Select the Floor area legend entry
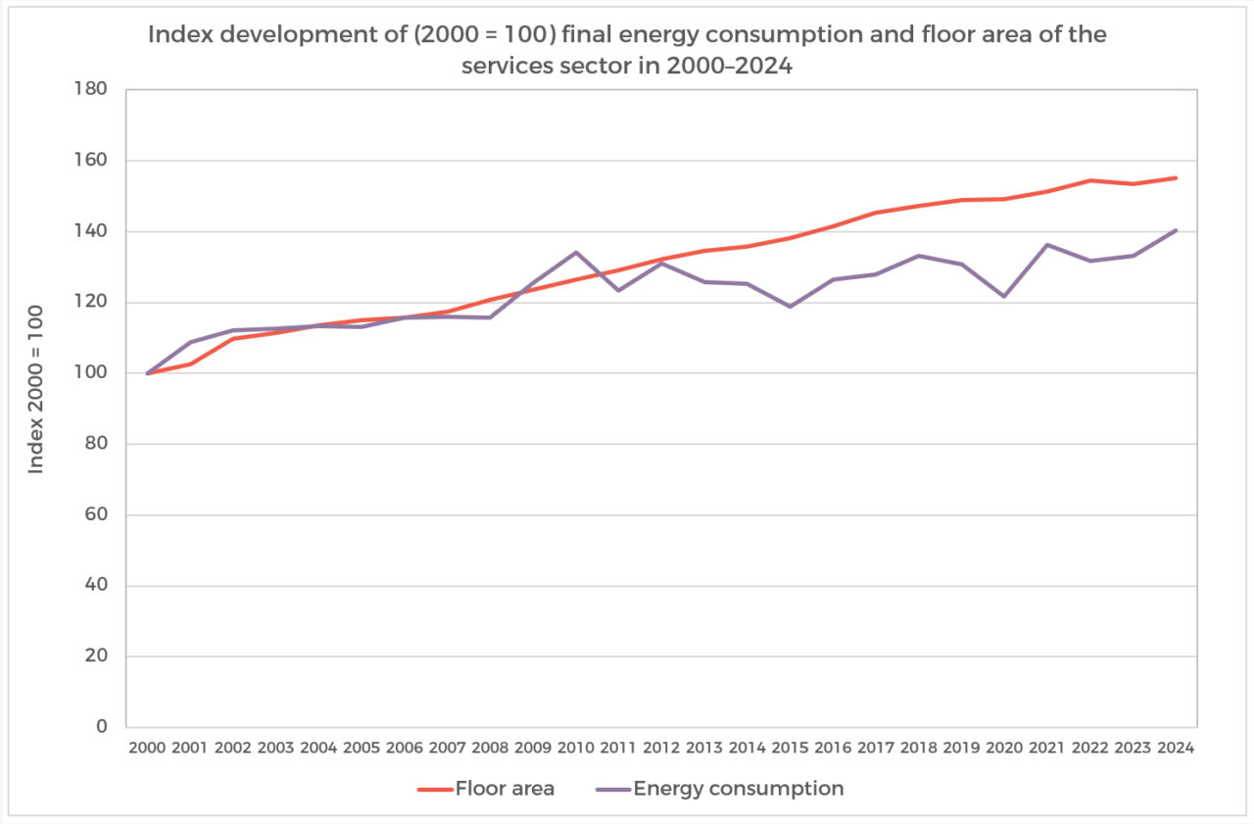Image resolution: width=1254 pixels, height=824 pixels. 486,789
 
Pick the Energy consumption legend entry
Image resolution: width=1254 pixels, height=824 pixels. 719,789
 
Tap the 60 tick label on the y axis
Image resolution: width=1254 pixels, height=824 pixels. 96,515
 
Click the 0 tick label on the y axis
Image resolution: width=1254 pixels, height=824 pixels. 101,728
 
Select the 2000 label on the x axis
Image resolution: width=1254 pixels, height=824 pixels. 147,749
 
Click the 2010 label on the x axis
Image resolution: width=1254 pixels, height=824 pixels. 576,749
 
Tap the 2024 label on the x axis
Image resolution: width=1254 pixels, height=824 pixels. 1176,749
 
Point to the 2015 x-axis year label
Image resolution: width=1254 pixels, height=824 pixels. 790,749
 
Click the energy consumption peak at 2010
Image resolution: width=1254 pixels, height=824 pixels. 576,252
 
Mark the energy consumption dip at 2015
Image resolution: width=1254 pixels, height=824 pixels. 790,307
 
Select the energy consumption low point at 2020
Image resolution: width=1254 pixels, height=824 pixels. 1004,296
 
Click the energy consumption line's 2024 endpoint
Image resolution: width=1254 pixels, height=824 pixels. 1176,230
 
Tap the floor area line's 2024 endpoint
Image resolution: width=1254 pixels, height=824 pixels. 1176,177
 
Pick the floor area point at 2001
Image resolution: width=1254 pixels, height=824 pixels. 190,364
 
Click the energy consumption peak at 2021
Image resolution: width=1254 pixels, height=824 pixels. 1047,244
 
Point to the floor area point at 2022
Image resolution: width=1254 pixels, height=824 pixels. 1090,180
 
